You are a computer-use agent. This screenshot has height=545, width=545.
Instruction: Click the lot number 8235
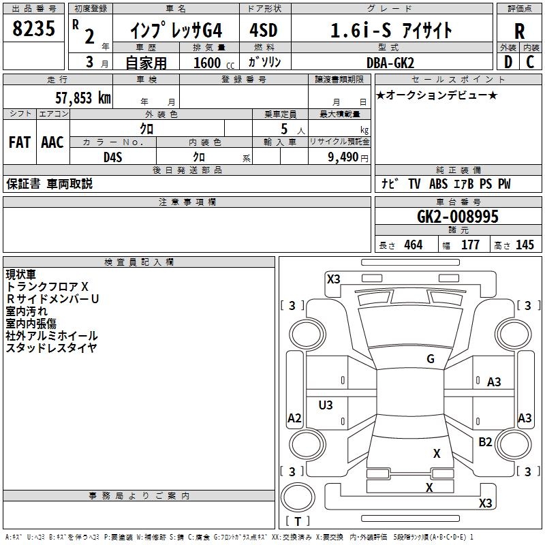[34, 29]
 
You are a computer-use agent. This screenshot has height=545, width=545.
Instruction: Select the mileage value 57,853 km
[82, 98]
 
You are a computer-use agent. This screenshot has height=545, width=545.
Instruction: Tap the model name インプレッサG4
[176, 31]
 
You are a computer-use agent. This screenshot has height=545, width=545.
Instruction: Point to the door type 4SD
[265, 31]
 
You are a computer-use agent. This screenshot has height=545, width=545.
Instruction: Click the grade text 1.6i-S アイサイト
[391, 31]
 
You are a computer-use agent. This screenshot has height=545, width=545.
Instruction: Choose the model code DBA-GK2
[390, 63]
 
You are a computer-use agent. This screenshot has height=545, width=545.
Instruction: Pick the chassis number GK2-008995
[458, 217]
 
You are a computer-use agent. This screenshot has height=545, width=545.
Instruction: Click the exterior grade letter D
[508, 63]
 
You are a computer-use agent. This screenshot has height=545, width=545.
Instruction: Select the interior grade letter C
[531, 63]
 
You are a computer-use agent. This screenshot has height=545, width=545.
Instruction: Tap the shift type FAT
[19, 142]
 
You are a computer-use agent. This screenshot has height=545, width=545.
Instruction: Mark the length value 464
[413, 245]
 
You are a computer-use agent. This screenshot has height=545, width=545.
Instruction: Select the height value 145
[525, 245]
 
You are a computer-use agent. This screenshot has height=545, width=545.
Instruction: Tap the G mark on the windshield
[430, 359]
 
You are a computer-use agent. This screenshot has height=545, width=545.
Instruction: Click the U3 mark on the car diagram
[326, 405]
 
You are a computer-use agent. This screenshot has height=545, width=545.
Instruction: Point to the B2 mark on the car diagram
[485, 442]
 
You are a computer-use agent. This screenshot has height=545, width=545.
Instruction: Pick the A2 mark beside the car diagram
[294, 418]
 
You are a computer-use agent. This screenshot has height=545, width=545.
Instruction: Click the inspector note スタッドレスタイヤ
[51, 348]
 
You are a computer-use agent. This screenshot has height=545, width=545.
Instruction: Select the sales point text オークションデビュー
[437, 95]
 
